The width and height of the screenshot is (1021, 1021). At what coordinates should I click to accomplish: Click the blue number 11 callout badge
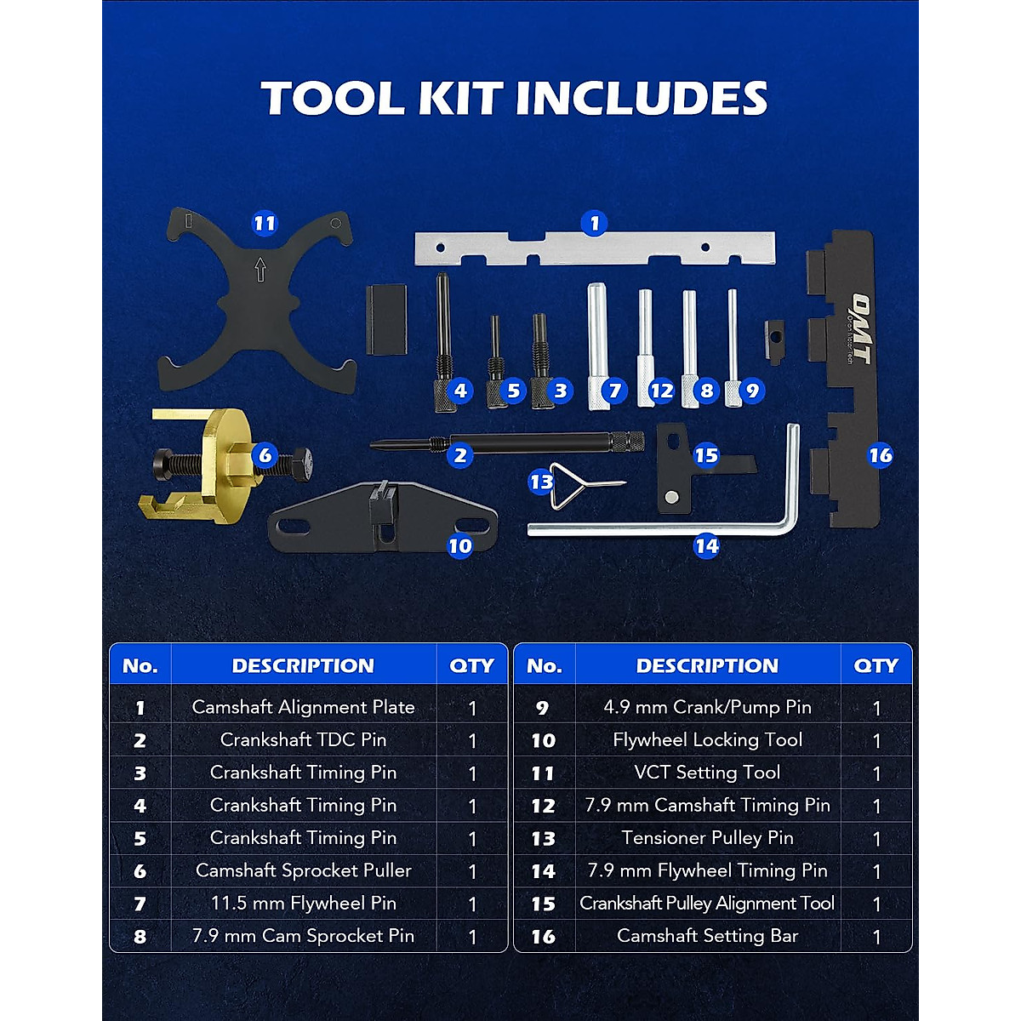point(265,224)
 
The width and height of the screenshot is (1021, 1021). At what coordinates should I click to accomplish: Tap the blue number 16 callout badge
point(880,455)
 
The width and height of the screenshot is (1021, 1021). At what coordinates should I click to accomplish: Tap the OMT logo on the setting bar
point(863,317)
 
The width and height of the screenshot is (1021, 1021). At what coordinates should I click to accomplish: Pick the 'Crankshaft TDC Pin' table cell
point(303,740)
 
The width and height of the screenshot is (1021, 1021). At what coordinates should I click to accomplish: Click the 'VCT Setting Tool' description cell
point(707,773)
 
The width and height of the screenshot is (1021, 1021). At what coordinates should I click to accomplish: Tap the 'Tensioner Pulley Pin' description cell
point(707,838)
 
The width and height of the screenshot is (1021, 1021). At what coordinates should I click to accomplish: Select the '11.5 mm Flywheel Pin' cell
point(303,904)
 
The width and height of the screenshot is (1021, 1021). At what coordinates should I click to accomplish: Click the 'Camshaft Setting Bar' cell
point(707,936)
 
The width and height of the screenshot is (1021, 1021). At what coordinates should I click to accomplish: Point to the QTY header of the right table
point(876,666)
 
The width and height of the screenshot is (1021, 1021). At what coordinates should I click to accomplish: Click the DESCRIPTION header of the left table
point(303,666)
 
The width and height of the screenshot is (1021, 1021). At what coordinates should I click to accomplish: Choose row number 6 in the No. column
point(140,871)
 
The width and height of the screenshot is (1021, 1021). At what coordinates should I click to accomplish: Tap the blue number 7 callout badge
point(614,391)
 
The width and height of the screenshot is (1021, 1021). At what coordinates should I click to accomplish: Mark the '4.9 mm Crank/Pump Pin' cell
point(707,707)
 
